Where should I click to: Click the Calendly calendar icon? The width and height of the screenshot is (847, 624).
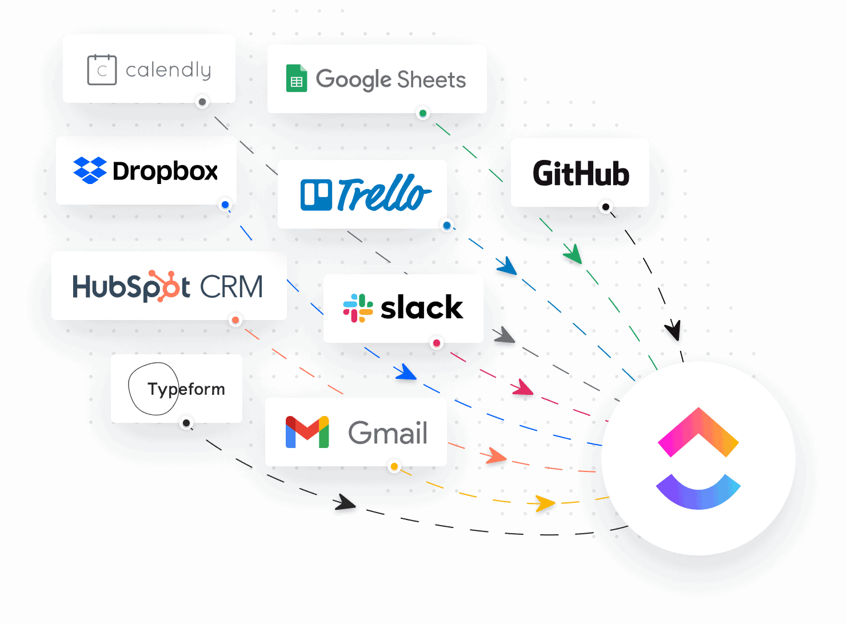point(102,70)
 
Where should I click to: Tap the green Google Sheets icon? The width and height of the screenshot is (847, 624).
point(297,79)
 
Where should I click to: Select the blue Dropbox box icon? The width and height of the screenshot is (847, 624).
point(90,170)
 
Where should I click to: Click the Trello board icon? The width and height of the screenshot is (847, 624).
point(316,195)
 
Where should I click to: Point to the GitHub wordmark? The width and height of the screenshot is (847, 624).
point(581,173)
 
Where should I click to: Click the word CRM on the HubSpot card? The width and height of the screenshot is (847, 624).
point(231,286)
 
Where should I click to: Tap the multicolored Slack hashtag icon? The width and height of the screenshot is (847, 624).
point(358,308)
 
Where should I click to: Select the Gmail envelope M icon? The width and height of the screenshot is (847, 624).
point(307,432)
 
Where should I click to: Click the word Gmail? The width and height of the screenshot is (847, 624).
point(387,433)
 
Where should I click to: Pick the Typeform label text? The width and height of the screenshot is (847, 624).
point(186,389)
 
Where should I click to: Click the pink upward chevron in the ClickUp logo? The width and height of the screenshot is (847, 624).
point(698,432)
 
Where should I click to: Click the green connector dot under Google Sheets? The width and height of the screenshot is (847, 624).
point(423,113)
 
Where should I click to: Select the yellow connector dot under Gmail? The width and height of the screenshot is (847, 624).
point(394,467)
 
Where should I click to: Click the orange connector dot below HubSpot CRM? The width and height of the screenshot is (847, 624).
point(235,320)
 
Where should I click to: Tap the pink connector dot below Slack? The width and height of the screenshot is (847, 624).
point(437,343)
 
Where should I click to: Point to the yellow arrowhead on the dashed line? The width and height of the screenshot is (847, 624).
point(544,503)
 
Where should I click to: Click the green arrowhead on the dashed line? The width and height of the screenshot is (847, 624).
point(573,254)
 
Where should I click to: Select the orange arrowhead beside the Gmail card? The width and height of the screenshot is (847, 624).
point(496,456)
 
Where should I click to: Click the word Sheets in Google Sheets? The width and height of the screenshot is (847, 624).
point(432,80)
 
